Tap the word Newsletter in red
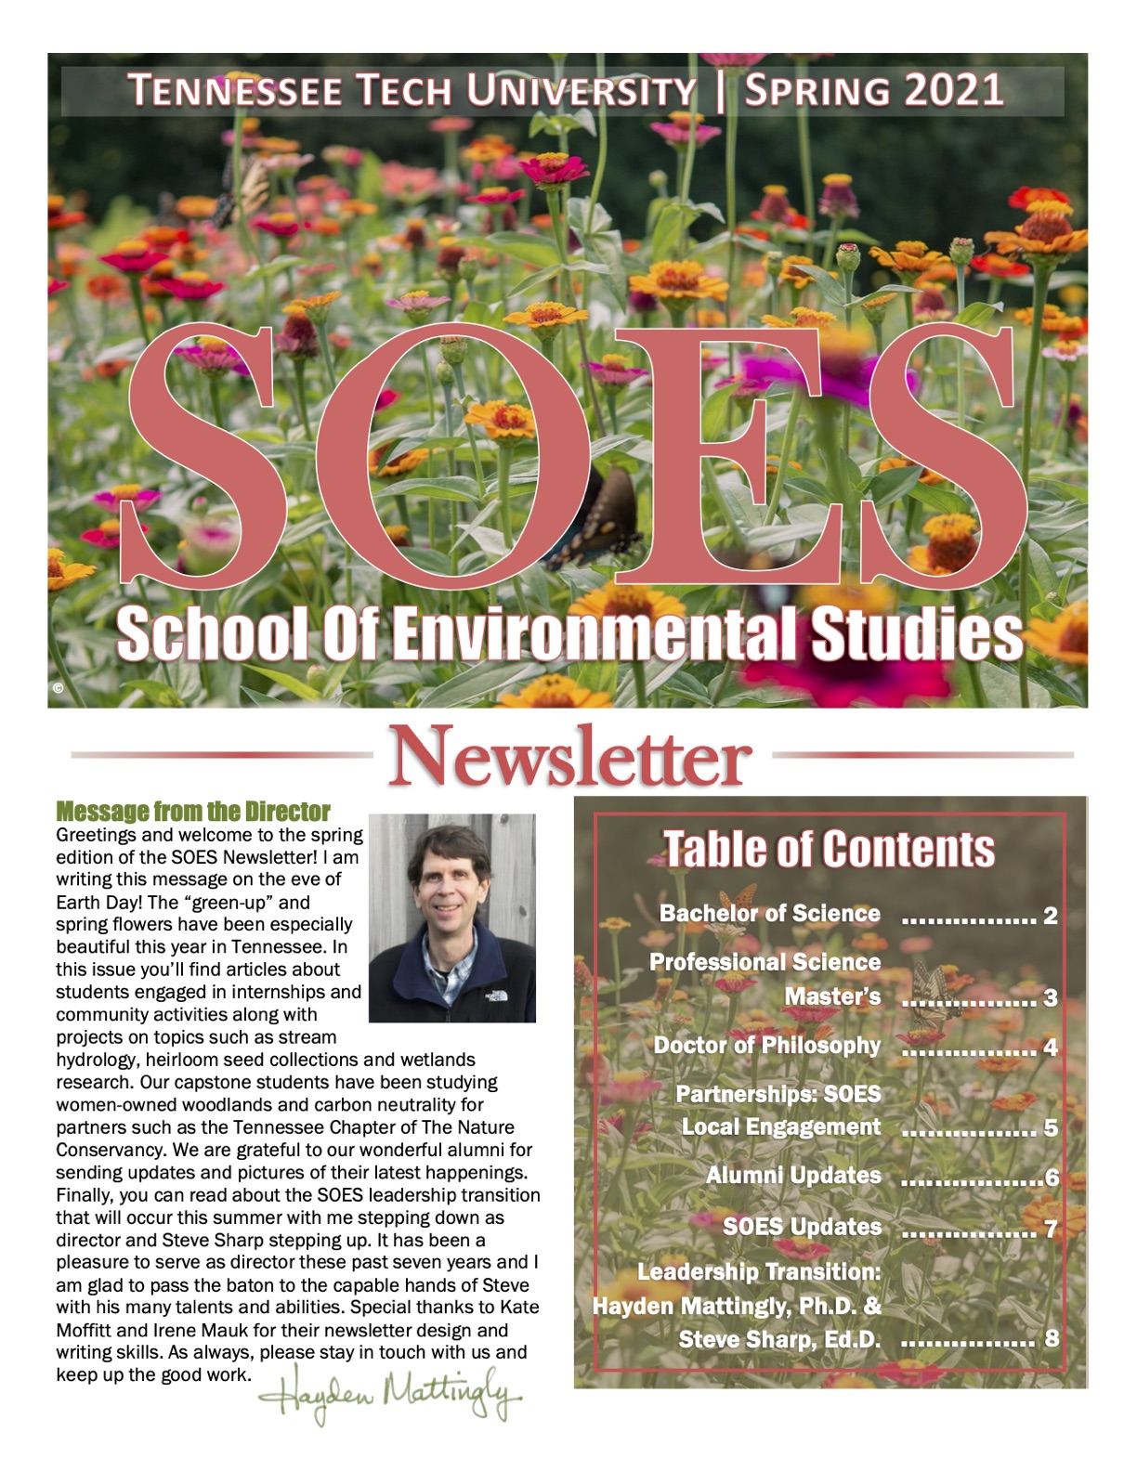point(568,756)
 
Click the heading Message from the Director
point(193,812)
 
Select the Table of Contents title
point(829,849)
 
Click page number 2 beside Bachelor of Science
point(1051,917)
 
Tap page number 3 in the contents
point(1051,998)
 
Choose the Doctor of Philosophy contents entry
point(767,1046)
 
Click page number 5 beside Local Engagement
point(1051,1128)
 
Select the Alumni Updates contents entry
point(793,1176)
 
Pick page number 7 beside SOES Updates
point(1051,1230)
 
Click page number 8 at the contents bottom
point(1052,1338)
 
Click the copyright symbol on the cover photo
point(59,688)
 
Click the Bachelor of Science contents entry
point(770,914)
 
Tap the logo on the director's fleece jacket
point(492,996)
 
